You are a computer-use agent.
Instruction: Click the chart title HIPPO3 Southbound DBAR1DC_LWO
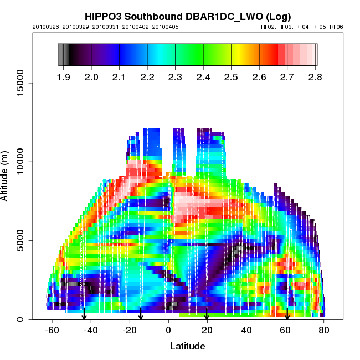point(188,16)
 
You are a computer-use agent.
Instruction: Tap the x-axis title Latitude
point(187,346)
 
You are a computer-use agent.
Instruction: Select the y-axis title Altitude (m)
point(7,173)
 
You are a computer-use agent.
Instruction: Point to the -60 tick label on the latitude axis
point(52,330)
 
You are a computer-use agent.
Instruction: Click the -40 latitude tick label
point(91,330)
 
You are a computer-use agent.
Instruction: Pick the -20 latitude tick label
point(130,330)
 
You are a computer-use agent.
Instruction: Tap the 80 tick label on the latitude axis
point(324,330)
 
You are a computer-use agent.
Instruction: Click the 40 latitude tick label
point(246,330)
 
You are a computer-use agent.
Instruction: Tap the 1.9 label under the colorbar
point(64,77)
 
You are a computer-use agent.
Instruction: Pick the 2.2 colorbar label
point(147,77)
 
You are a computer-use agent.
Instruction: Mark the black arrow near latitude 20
point(207,315)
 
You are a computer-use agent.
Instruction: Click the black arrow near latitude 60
point(287,315)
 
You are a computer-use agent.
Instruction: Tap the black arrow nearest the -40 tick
point(84,315)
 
